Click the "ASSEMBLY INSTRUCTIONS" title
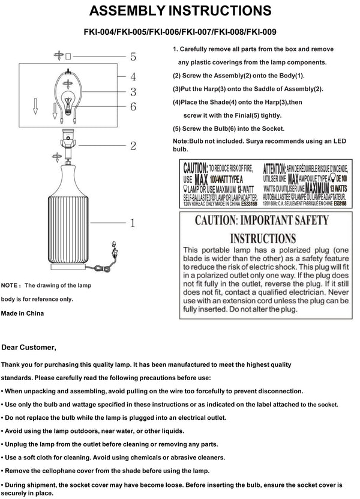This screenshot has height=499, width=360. click(179, 11)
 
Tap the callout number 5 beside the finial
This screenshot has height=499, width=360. click(133, 57)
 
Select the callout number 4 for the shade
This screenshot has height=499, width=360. click(133, 76)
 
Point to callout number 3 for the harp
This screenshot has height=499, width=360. click(133, 92)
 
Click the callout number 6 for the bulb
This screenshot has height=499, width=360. click(133, 107)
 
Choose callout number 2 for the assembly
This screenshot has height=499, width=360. click(133, 145)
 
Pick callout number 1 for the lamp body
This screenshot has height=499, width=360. click(134, 223)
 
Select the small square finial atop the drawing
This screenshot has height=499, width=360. click(68, 56)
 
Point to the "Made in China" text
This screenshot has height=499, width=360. click(23, 313)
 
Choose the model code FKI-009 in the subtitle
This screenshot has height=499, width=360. click(259, 34)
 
